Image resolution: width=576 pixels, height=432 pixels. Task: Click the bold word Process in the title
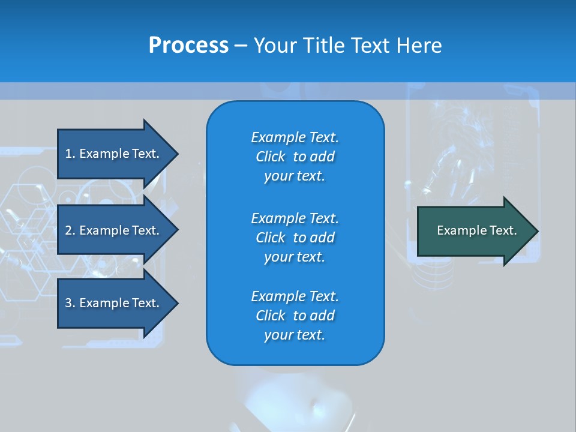tap(188, 46)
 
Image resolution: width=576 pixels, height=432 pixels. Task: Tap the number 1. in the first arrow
tap(70, 154)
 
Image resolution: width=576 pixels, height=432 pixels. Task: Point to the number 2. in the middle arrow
tap(70, 230)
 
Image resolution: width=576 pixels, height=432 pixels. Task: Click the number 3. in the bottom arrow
tap(70, 303)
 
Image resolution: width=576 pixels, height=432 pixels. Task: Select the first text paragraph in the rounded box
tap(295, 157)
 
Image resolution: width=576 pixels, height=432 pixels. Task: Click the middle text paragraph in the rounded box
tap(295, 238)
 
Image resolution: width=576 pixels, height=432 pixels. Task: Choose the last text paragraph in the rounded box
tap(295, 316)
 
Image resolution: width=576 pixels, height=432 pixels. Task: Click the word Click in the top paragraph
tap(271, 157)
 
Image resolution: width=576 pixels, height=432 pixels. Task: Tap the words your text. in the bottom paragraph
tap(295, 335)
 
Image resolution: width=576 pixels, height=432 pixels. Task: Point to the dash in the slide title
tap(241, 46)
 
